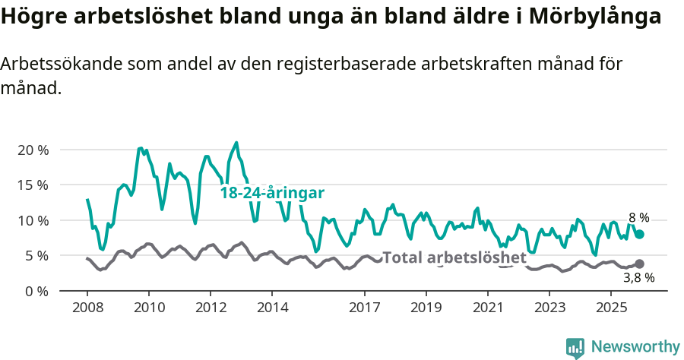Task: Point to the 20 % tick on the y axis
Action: coord(33,150)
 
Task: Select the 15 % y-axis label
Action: coord(33,185)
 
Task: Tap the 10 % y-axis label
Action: coord(33,220)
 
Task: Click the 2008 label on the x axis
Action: coord(87,308)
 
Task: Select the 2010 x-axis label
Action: coord(149,308)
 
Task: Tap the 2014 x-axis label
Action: coord(272,308)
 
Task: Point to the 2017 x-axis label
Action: coord(365,308)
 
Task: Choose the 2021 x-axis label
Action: coord(488,308)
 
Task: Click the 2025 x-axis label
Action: coord(611,308)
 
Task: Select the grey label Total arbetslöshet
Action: coord(454,257)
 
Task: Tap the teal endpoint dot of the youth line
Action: coord(640,235)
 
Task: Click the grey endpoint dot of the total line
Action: coord(639,264)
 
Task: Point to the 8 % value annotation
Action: coord(638,218)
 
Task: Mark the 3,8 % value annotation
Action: coord(638,279)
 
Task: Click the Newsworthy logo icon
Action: coord(575,348)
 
